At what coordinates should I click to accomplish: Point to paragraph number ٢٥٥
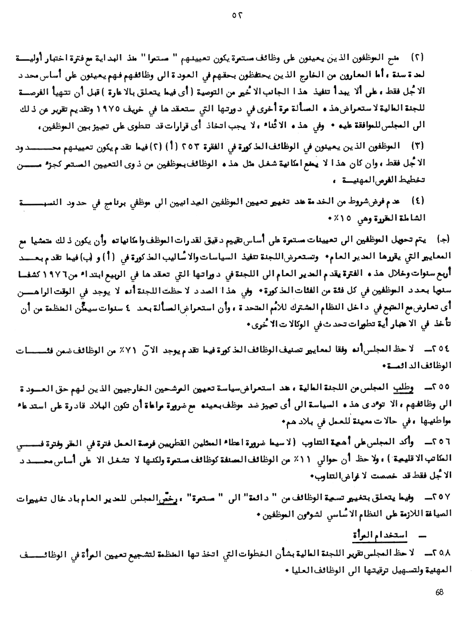pyautogui.click(x=439, y=388)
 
